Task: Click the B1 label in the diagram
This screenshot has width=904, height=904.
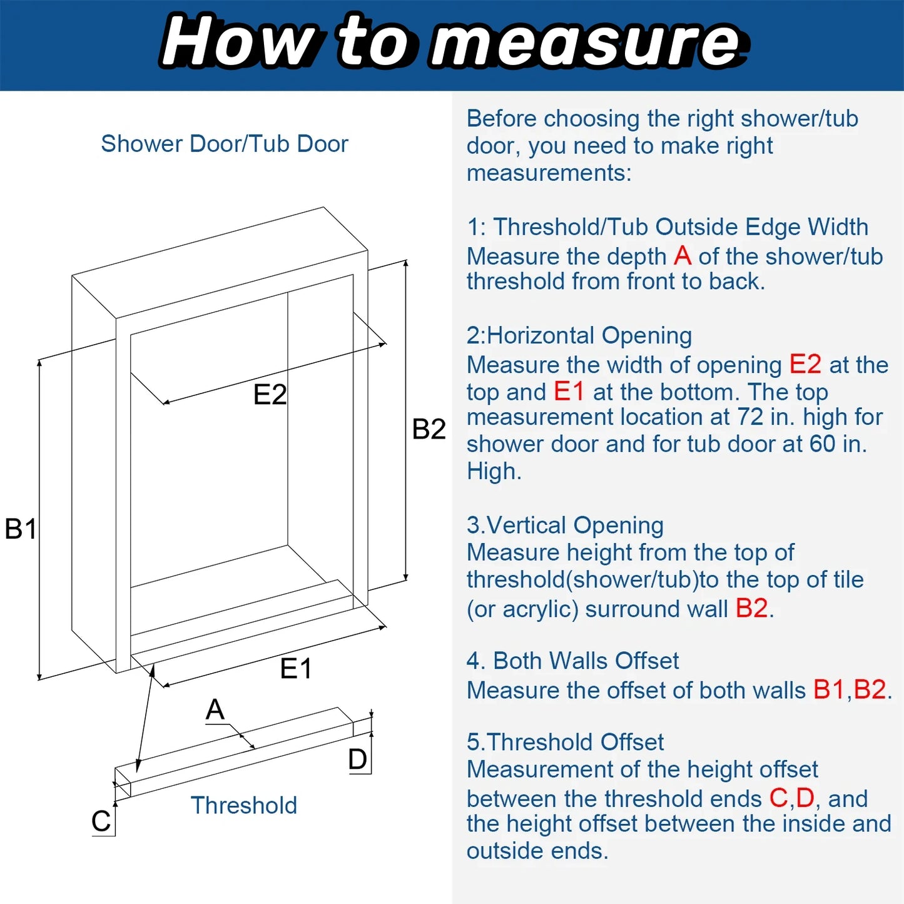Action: click(x=20, y=529)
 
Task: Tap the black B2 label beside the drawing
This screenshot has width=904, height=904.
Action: click(x=429, y=429)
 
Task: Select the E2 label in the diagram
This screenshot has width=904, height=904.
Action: click(x=270, y=395)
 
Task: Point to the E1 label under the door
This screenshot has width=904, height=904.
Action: click(x=295, y=669)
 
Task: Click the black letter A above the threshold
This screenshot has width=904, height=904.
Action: click(x=215, y=709)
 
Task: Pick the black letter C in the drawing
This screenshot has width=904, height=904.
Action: click(x=101, y=821)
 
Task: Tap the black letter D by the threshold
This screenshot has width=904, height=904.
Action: click(x=357, y=759)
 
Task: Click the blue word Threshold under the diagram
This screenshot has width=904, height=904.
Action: click(x=244, y=806)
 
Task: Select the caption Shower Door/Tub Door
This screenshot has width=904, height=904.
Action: click(x=225, y=143)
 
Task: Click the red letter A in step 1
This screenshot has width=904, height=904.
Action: click(x=683, y=256)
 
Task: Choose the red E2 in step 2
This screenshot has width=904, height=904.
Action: click(x=805, y=364)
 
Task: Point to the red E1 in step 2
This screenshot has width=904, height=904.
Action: click(x=569, y=391)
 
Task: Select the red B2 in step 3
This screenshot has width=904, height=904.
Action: click(x=751, y=609)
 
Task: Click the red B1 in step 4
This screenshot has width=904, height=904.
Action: click(x=829, y=689)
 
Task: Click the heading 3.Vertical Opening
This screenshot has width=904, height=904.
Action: click(x=565, y=526)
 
